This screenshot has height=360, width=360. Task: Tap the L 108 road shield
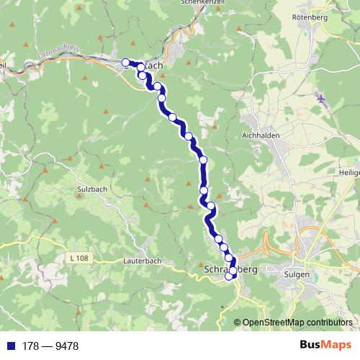81,258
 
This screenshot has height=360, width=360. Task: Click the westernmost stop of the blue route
126,63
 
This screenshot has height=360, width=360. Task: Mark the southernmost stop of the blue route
230,276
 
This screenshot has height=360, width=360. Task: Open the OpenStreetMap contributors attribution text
297,322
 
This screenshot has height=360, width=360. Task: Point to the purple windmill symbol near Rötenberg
321,99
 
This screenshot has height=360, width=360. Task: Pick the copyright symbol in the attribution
238,322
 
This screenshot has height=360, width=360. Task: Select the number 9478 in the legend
65,346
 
